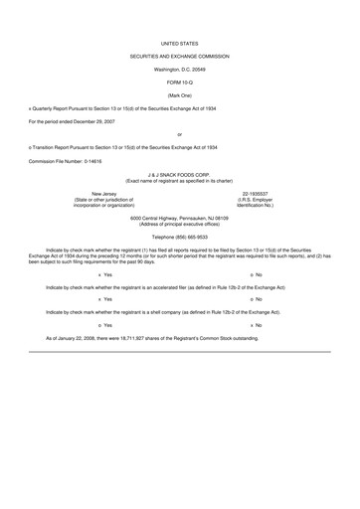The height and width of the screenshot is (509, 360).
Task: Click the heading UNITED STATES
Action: pos(179,45)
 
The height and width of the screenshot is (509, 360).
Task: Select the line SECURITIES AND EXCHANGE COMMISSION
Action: pos(179,58)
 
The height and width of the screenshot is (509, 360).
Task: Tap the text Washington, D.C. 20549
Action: pos(179,71)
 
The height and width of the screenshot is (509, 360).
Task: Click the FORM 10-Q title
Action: pos(179,84)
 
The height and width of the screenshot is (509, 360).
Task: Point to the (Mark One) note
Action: pos(179,95)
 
